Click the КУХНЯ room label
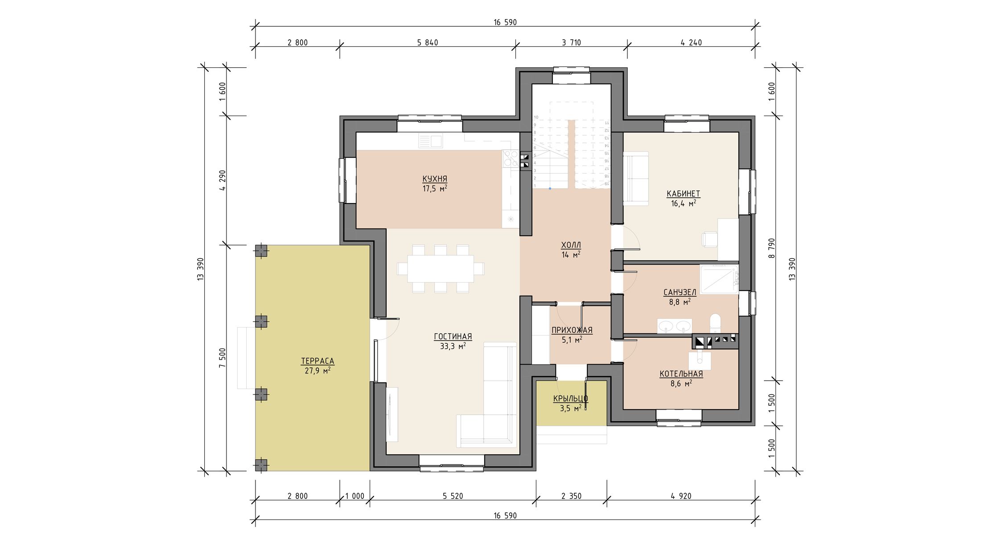[x=435, y=179]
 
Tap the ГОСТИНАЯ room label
[x=453, y=336]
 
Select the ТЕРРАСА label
[x=317, y=361]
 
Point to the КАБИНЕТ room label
[x=684, y=194]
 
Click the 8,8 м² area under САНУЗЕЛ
[x=680, y=302]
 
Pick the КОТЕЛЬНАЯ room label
[x=681, y=374]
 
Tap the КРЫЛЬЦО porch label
[x=571, y=398]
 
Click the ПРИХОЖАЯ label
[x=572, y=330]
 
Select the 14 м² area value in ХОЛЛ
[x=571, y=255]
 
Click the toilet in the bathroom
[x=715, y=324]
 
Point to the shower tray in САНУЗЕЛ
[x=719, y=279]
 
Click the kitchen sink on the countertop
[x=118, y=141]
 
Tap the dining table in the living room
[x=441, y=268]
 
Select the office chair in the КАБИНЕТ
[x=710, y=239]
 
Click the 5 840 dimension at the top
[x=428, y=43]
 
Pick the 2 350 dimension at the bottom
[x=571, y=496]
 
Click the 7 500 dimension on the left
[x=223, y=358]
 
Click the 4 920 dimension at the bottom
[x=681, y=496]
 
